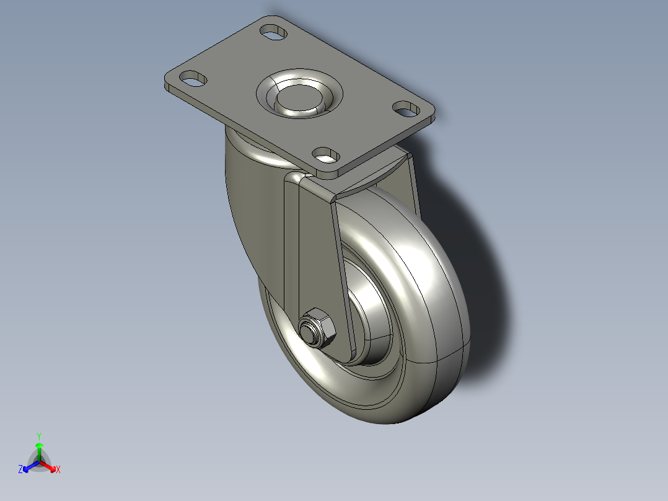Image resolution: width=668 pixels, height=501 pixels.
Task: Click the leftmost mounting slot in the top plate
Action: [193, 78]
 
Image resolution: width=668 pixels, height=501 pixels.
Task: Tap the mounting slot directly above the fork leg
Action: [325, 153]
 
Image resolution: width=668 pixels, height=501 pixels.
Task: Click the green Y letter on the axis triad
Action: [39, 435]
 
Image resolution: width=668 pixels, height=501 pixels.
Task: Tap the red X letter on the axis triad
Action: [58, 470]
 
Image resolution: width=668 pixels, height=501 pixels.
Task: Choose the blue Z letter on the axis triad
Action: [20, 470]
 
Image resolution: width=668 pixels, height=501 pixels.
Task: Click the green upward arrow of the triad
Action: [39, 448]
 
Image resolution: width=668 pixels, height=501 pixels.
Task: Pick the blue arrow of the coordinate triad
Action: [29, 466]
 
